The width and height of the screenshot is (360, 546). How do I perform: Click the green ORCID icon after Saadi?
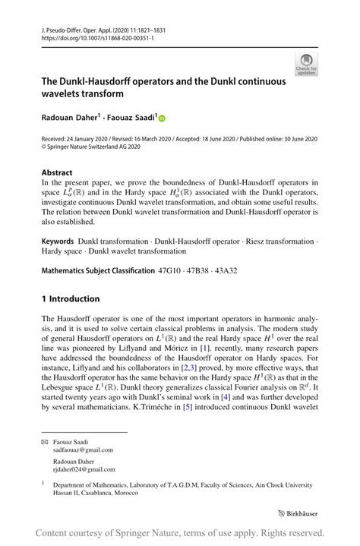pyautogui.click(x=162, y=118)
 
